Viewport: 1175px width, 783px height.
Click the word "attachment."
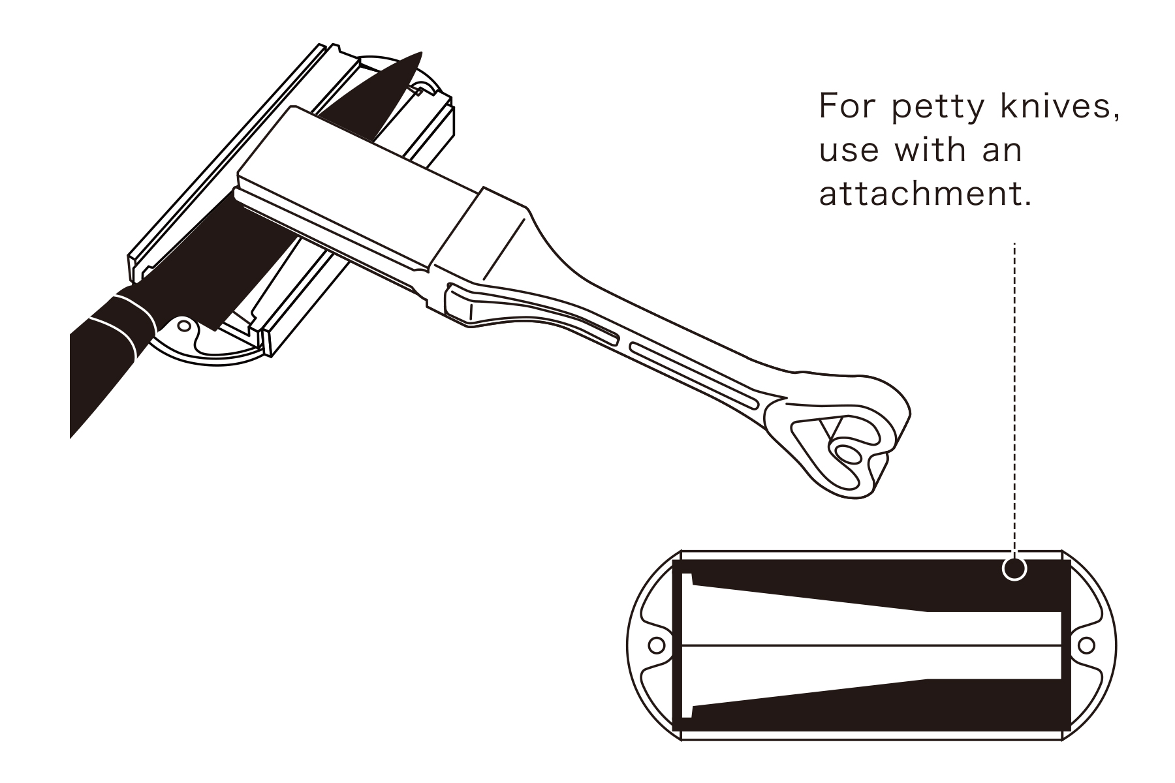tap(926, 193)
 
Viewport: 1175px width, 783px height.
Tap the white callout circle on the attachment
tap(1014, 568)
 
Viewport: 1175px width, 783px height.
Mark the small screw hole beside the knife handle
tap(185, 324)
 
